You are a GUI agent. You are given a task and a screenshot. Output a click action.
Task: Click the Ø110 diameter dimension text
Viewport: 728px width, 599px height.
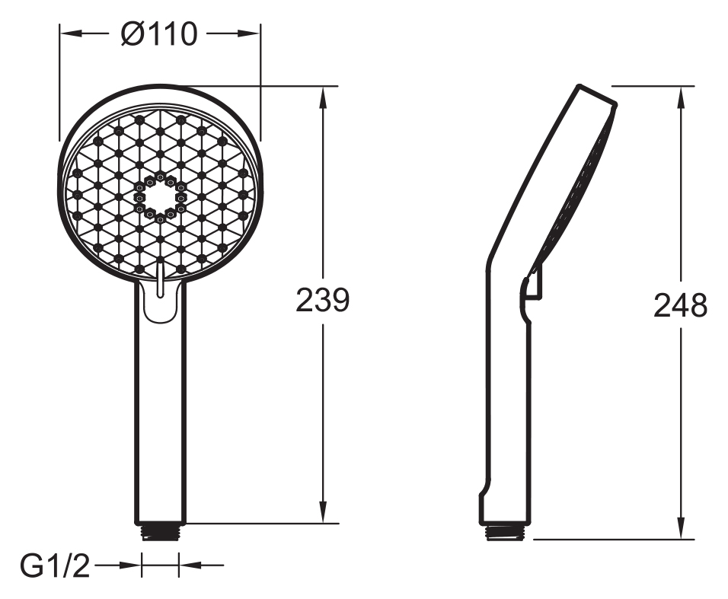pyautogui.click(x=159, y=34)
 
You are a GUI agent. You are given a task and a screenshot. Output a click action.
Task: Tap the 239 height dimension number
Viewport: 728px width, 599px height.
pyautogui.click(x=322, y=300)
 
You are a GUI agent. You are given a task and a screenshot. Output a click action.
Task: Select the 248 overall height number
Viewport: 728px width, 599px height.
pyautogui.click(x=680, y=306)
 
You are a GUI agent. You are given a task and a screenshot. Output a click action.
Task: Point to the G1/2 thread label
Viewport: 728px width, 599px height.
pyautogui.click(x=55, y=566)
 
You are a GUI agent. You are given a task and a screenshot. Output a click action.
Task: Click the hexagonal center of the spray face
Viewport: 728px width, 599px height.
pyautogui.click(x=160, y=196)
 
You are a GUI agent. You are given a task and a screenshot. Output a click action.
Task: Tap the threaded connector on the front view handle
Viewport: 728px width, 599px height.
pyautogui.click(x=160, y=532)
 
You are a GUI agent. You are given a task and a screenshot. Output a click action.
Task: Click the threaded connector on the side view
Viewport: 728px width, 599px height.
pyautogui.click(x=506, y=532)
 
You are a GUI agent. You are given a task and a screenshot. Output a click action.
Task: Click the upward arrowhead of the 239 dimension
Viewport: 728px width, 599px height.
pyautogui.click(x=323, y=98)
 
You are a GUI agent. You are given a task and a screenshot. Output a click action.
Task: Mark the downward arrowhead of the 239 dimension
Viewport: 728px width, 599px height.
pyautogui.click(x=323, y=511)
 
